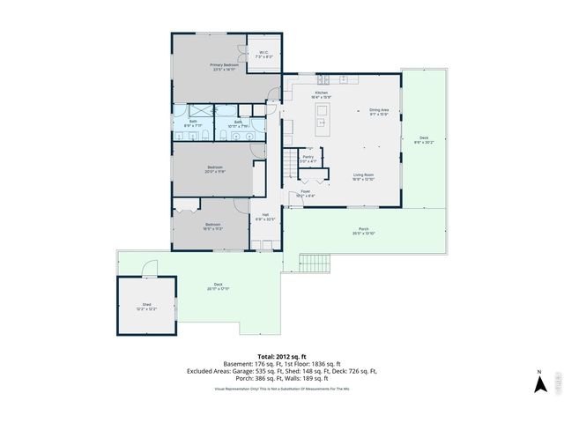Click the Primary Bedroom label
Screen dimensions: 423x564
tap(225, 67)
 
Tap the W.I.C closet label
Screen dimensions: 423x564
tap(264, 55)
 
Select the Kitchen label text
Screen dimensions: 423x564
tap(322, 94)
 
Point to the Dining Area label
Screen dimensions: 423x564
tap(379, 112)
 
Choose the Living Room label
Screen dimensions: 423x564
tap(365, 177)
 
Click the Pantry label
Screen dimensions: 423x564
tap(308, 160)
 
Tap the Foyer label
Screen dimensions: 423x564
tap(306, 193)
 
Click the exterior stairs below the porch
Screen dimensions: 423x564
tap(316, 263)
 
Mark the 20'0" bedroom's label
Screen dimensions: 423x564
tap(215, 169)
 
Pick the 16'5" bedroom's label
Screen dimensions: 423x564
tap(212, 226)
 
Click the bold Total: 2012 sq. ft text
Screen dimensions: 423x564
tap(282, 354)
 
